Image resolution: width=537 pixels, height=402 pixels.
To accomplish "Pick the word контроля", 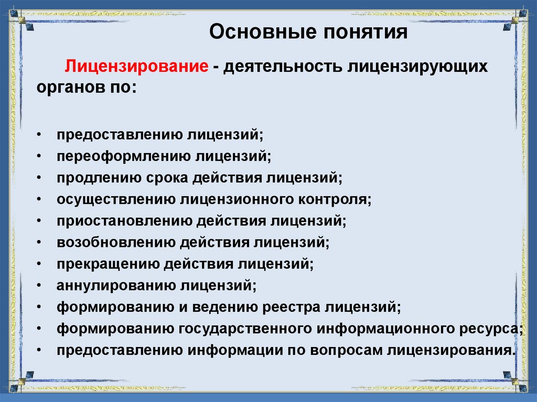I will click(337, 199).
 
